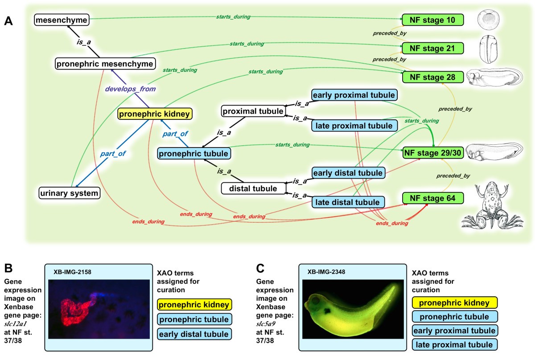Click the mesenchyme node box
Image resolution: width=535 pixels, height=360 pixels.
point(62,20)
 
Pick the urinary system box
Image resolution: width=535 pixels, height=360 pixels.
point(68,193)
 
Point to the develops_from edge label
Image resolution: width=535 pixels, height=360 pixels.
point(130,89)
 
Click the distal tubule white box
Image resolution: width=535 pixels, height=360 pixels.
point(253,188)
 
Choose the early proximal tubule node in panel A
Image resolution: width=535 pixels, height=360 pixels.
point(354,95)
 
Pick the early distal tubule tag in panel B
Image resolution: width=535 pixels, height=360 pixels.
point(194,334)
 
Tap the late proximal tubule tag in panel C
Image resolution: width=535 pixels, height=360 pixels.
point(455,344)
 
